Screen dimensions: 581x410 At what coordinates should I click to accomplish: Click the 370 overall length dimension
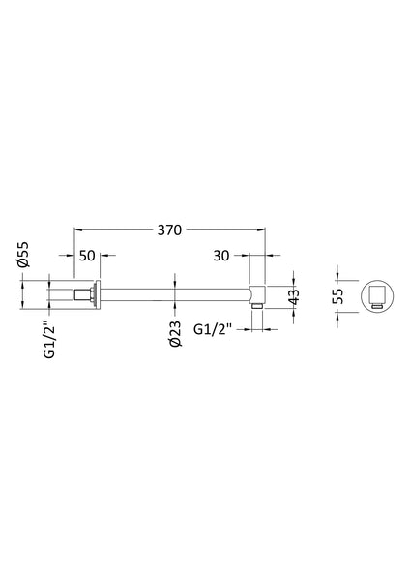[x=170, y=230]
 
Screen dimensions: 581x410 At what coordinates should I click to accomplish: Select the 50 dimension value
[x=87, y=258]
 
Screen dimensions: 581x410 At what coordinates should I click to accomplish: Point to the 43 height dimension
[x=296, y=295]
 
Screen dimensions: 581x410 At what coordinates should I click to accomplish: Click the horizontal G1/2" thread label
[x=215, y=329]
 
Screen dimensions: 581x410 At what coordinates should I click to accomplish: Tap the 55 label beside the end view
[x=338, y=295]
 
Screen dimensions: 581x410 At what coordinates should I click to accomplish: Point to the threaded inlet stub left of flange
[x=77, y=294]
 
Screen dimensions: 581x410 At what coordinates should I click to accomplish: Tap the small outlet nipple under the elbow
[x=256, y=310]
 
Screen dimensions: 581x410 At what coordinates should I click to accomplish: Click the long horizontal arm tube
[x=174, y=294]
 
